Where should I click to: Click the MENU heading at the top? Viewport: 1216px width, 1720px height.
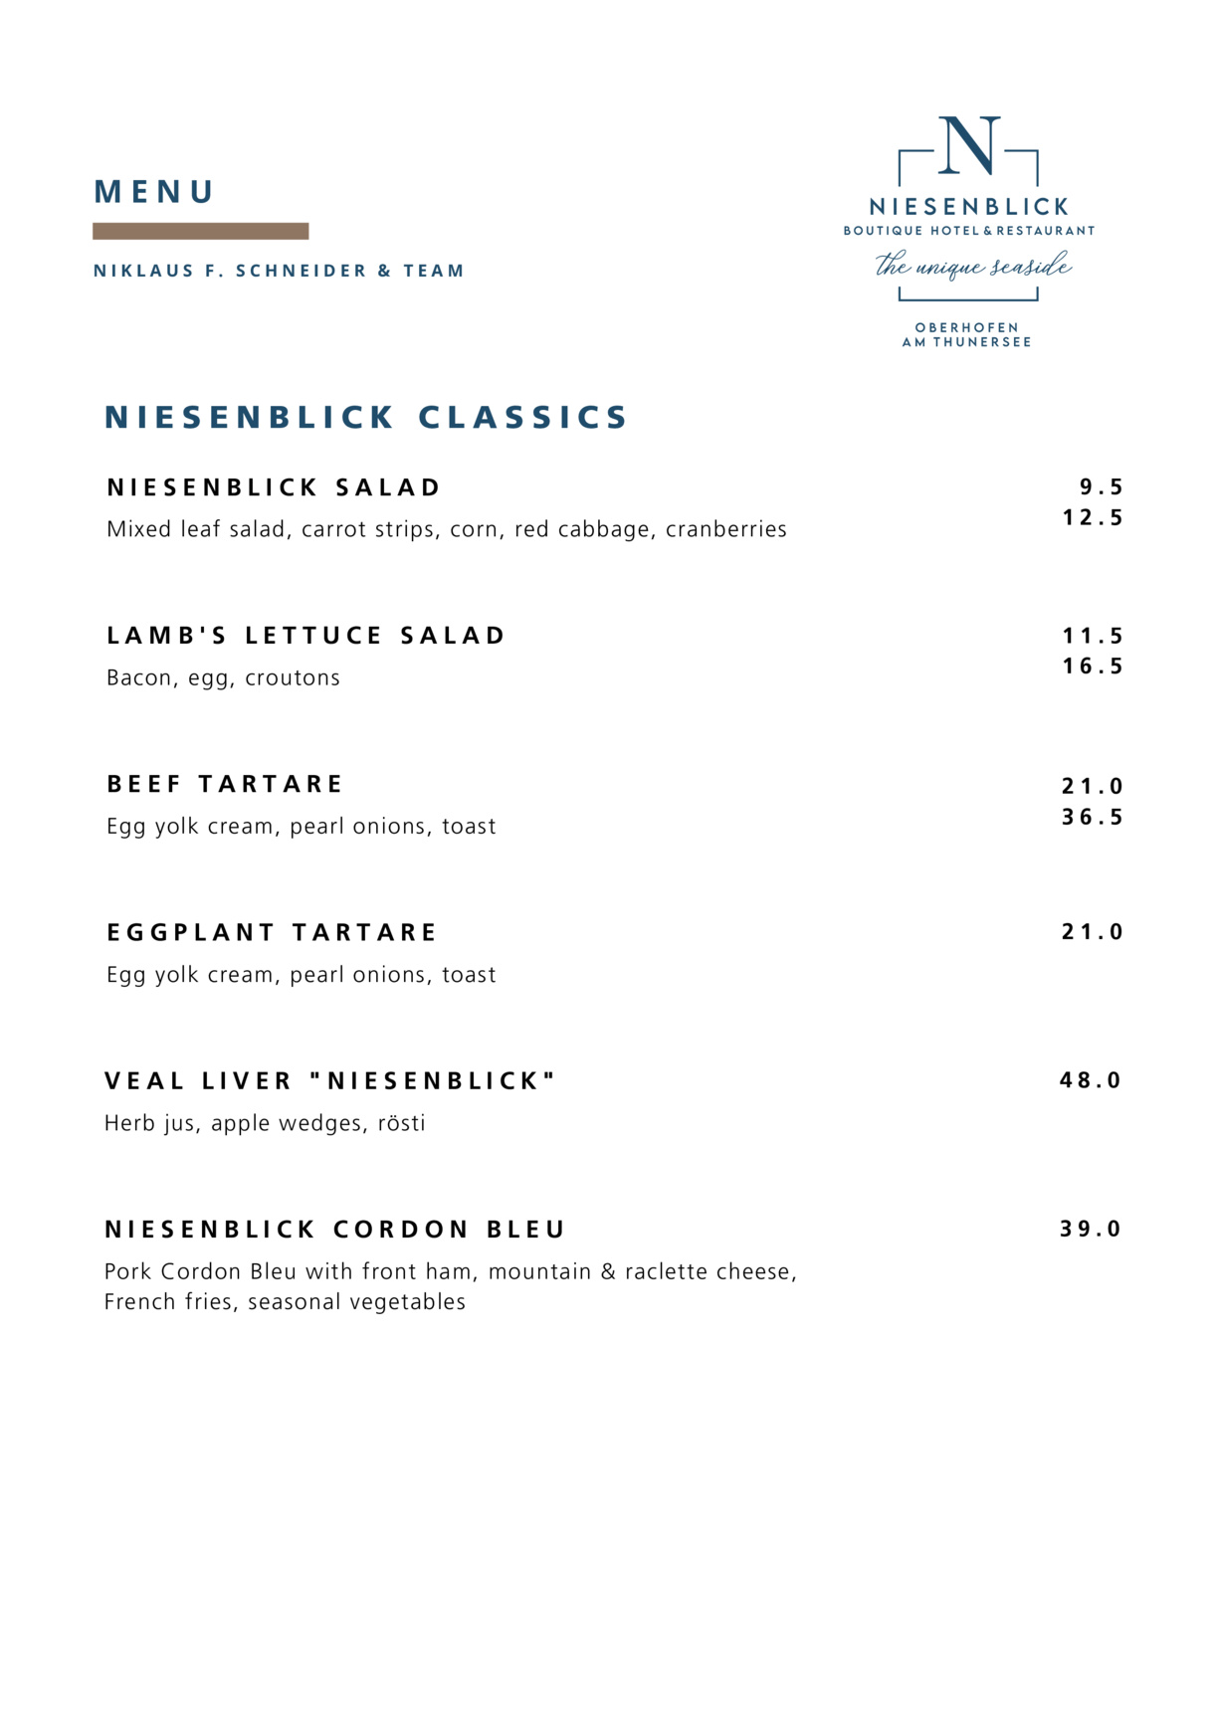coord(154,192)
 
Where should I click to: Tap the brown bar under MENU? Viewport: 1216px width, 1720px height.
coord(200,231)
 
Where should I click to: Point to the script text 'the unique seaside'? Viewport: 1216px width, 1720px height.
coord(972,267)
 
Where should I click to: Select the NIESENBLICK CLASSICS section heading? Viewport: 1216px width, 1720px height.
coord(366,417)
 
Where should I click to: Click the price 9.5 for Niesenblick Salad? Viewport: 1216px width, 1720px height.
coord(1102,487)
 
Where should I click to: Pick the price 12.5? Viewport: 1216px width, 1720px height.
coord(1093,518)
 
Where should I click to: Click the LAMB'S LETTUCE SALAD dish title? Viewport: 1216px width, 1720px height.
coord(306,636)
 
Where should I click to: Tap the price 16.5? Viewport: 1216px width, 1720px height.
coord(1093,667)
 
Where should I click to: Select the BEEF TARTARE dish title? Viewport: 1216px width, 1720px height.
coord(225,784)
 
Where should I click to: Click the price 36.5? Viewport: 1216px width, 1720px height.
coord(1093,818)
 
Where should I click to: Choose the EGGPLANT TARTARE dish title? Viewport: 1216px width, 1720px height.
coord(272,932)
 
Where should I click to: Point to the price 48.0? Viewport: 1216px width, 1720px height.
coord(1091,1080)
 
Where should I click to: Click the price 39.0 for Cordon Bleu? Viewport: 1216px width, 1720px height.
coord(1091,1230)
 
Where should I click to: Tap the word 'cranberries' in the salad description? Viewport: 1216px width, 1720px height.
coord(725,529)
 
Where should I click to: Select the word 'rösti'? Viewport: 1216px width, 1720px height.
coord(401,1123)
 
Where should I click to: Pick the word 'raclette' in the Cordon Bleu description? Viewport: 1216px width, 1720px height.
coord(665,1271)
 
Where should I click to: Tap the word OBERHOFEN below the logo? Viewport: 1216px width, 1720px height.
coord(966,327)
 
